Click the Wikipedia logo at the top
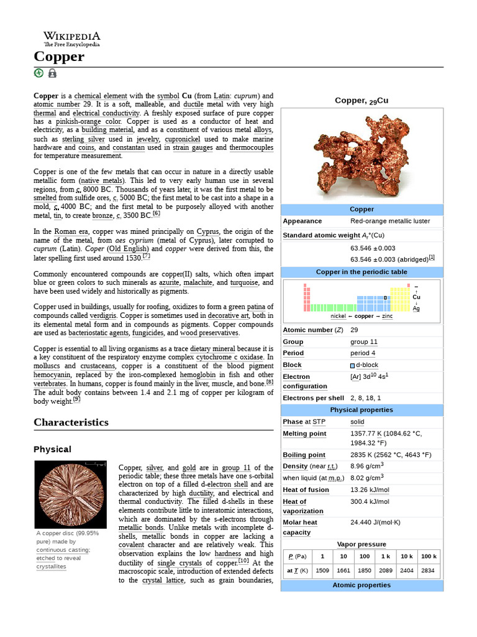pos(71,39)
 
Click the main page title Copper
pos(59,57)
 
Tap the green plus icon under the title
pos(39,73)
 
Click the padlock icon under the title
pos(52,73)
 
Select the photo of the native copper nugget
pos(361,156)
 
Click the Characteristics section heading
pos(71,422)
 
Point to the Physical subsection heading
pos(52,449)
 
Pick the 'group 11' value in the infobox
pos(364,342)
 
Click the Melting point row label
pos(304,434)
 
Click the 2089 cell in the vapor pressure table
pos(386,570)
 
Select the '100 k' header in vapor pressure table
pos(428,556)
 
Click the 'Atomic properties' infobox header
pos(361,585)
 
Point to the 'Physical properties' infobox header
pos(361,410)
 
